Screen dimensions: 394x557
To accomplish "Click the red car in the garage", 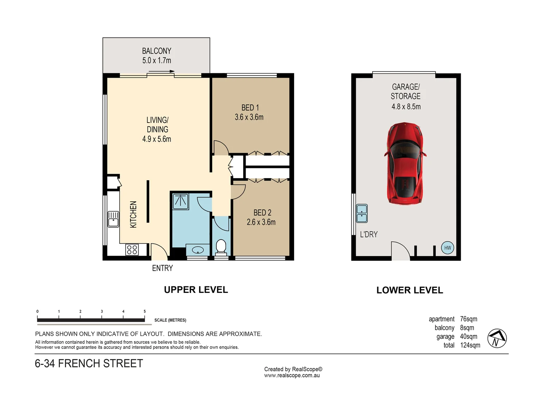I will (x=405, y=163).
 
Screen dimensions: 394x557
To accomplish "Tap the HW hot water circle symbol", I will (x=447, y=248).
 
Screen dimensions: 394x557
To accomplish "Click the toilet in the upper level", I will (x=221, y=247).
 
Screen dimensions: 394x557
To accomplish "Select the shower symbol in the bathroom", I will (x=180, y=201).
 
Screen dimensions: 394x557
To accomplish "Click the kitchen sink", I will (x=113, y=219).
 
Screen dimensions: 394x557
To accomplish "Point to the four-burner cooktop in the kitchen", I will (x=132, y=250).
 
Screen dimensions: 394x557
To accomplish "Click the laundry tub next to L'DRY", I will (x=362, y=213).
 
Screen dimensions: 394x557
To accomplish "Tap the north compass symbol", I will (x=497, y=338).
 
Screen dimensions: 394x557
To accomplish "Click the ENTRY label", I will (x=162, y=268).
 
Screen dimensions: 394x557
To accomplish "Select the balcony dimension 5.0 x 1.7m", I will (x=156, y=61).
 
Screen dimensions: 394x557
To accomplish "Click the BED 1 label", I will (x=250, y=108).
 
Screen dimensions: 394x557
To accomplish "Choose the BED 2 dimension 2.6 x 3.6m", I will (x=261, y=222).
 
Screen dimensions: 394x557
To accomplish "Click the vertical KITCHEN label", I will (x=133, y=215).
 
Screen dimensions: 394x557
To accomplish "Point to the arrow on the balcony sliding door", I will (x=161, y=72).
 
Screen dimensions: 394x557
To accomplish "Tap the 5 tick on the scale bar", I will (x=145, y=312).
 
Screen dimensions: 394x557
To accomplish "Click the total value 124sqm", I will (x=470, y=345).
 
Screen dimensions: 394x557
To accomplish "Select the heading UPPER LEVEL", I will (x=196, y=290).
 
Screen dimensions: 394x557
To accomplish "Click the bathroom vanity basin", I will (x=198, y=250).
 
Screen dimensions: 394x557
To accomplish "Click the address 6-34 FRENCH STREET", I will (x=89, y=363).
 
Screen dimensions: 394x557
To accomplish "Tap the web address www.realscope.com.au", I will (x=292, y=375).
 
